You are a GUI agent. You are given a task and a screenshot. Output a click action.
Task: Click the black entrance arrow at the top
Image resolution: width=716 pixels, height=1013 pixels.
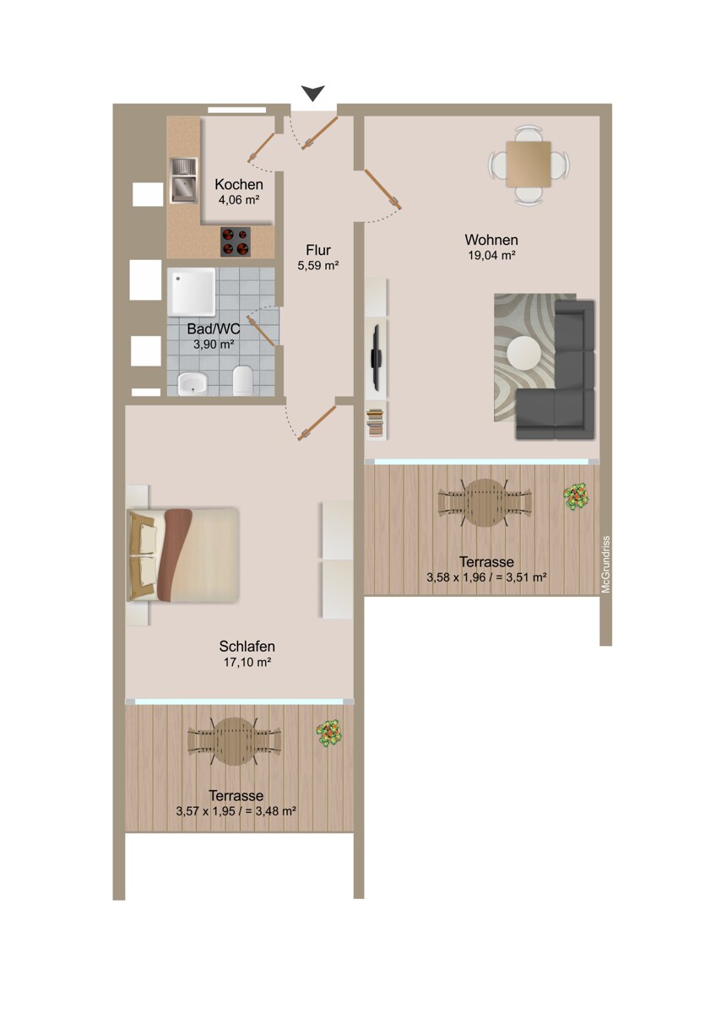coord(314,93)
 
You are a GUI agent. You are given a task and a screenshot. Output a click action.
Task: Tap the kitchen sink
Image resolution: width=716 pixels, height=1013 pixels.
coord(182,181)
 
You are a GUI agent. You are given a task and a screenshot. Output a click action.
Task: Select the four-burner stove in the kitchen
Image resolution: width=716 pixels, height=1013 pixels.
coord(236,242)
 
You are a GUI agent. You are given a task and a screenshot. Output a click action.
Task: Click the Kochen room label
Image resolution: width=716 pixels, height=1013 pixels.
coord(238,185)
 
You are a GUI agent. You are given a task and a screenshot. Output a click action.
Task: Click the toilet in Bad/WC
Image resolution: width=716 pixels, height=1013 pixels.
coord(242,381)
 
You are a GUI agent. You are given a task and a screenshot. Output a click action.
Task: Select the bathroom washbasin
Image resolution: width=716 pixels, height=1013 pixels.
coord(192,384)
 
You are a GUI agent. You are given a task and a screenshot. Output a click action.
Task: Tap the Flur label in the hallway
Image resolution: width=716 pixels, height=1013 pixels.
coord(318,250)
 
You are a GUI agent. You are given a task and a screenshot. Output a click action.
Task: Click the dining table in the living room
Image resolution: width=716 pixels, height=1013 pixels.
coord(529,163)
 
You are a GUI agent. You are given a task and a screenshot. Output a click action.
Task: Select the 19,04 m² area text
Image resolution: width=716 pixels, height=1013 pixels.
coord(491,255)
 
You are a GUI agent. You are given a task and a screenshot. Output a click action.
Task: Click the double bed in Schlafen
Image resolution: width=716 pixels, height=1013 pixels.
coord(183,554)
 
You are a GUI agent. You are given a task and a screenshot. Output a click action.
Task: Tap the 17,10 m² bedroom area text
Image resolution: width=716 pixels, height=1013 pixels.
coord(247,663)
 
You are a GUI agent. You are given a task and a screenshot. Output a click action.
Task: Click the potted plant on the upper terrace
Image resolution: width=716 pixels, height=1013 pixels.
coord(577,496)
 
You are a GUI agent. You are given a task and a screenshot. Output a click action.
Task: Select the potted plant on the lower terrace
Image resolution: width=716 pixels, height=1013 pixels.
coord(328,732)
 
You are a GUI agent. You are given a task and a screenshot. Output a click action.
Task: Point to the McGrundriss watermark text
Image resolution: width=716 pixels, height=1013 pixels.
coord(605,565)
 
